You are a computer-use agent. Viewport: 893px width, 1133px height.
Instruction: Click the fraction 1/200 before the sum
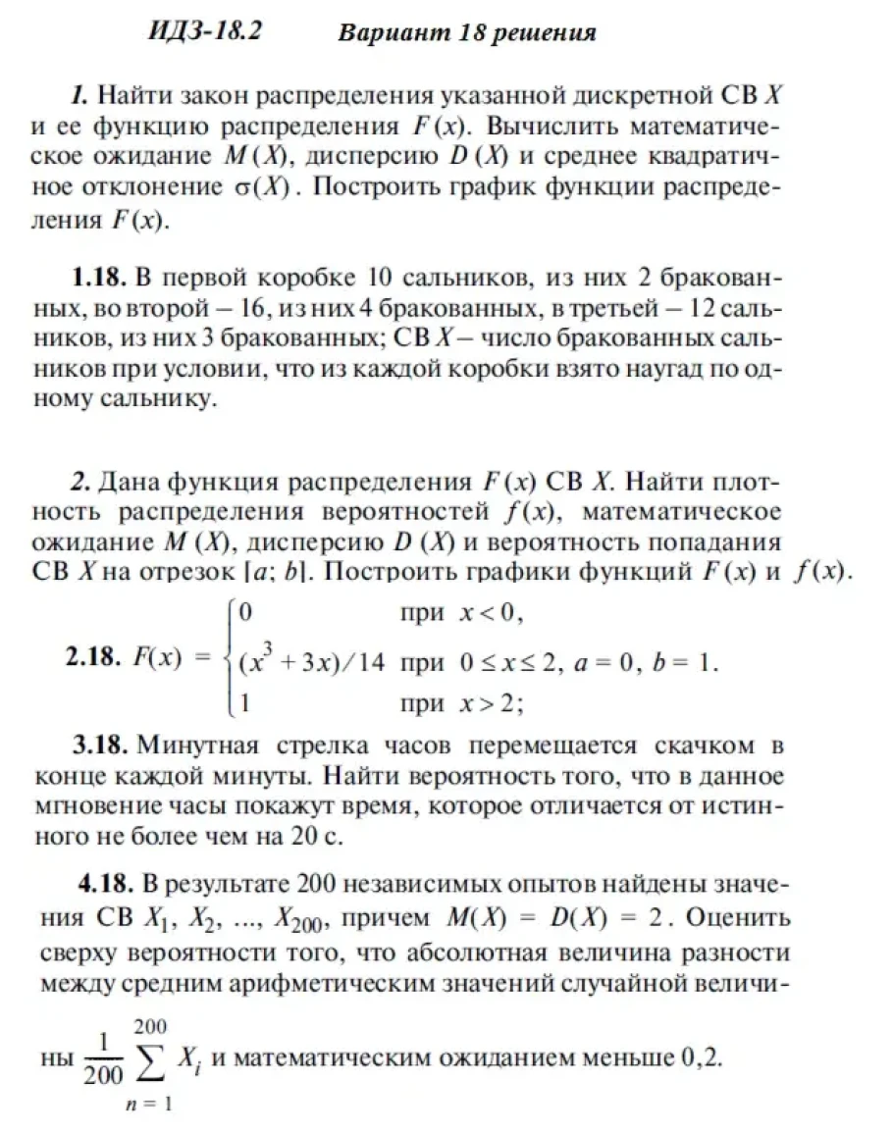click(x=104, y=1063)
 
